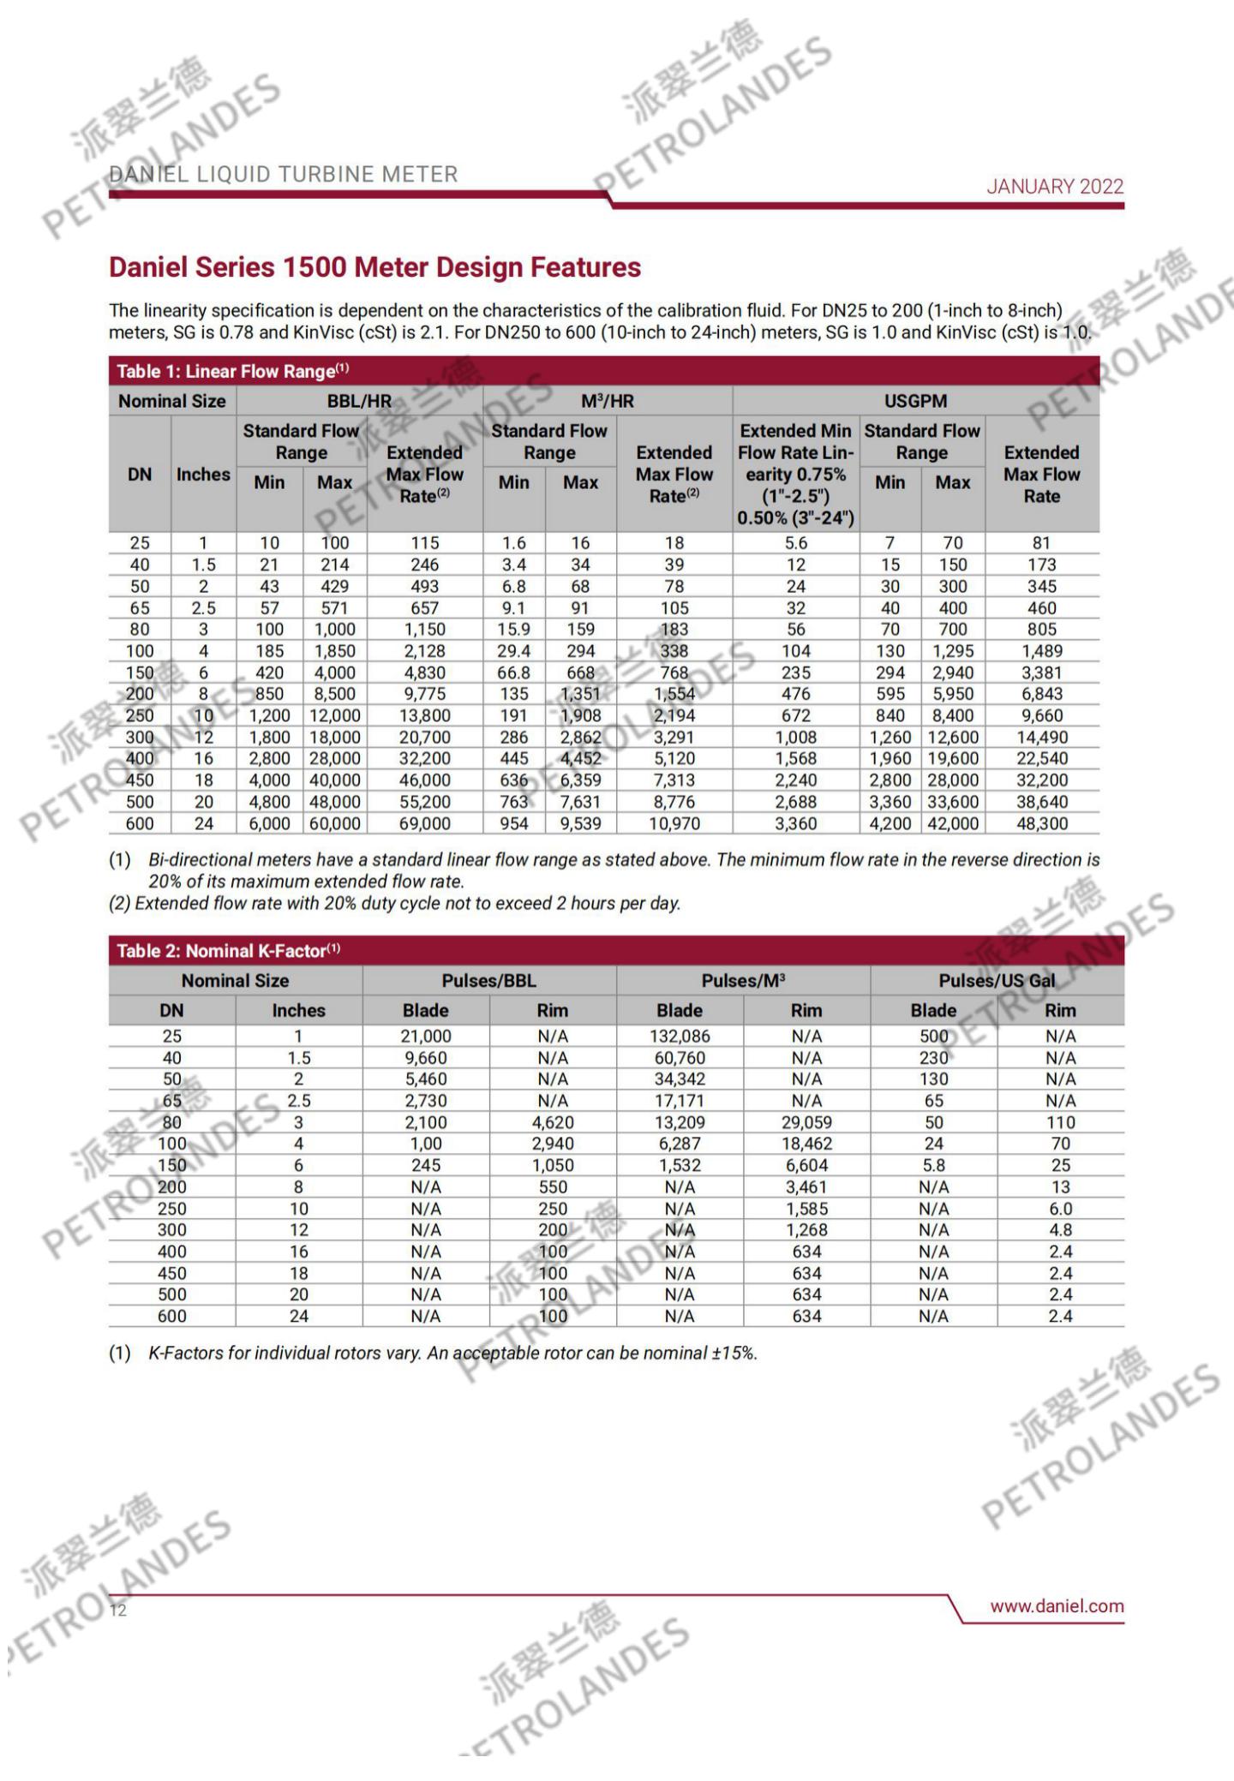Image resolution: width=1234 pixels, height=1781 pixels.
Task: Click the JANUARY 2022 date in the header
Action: tap(1054, 187)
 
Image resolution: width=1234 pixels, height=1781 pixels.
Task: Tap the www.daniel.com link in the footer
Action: tap(1057, 1606)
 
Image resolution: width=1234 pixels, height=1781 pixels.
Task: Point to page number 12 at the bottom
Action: tap(118, 1611)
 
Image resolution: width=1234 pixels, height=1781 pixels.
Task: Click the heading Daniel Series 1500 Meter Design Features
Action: tap(374, 267)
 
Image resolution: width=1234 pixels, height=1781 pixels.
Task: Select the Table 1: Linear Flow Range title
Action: tap(232, 371)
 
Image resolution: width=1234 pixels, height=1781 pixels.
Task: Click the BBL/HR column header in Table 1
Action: tap(359, 401)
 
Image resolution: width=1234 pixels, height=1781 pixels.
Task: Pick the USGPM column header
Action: tap(915, 401)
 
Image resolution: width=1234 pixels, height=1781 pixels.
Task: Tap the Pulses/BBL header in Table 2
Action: tap(488, 981)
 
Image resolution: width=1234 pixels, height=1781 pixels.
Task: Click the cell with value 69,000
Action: tap(424, 823)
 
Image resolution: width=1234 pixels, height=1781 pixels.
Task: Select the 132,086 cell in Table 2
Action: tap(680, 1036)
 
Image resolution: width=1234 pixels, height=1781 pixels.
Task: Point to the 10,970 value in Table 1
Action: tap(674, 823)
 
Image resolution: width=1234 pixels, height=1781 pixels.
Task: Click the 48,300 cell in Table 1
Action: tap(1041, 823)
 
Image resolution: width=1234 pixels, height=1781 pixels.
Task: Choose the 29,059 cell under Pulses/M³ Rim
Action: tap(806, 1122)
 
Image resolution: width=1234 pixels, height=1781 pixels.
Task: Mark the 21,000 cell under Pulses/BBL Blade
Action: tap(426, 1036)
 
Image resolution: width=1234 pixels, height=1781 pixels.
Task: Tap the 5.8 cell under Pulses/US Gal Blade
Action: tap(933, 1165)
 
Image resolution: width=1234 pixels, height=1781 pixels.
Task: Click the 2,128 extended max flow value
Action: tap(424, 651)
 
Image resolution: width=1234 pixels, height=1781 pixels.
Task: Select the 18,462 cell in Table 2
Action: tap(806, 1144)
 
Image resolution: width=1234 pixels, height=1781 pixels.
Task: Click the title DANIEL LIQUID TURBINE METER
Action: tap(284, 175)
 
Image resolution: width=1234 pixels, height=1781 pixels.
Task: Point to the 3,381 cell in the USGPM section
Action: tap(1041, 672)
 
